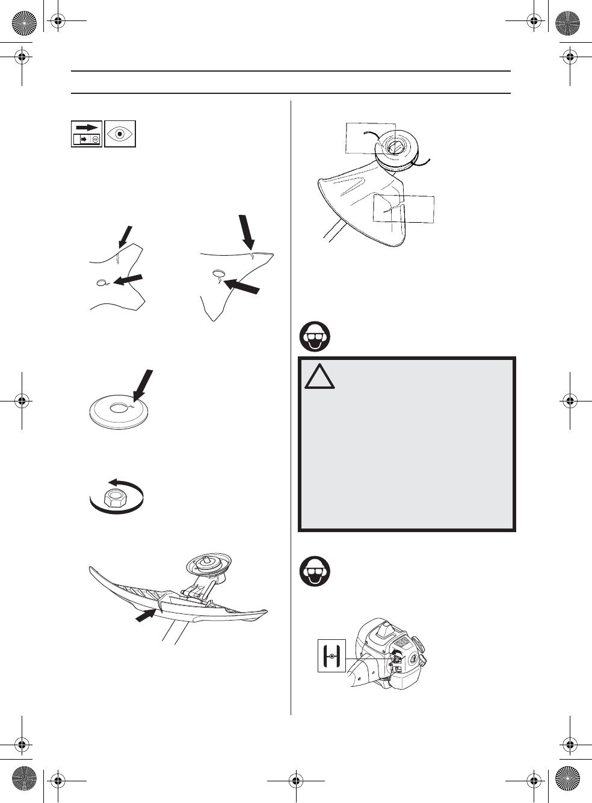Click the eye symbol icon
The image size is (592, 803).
pyautogui.click(x=120, y=134)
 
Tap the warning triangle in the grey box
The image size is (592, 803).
pyautogui.click(x=319, y=377)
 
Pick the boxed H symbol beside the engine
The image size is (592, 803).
pyautogui.click(x=331, y=656)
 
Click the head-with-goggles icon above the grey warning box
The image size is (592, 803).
pyautogui.click(x=314, y=338)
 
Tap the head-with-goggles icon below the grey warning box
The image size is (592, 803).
pyautogui.click(x=314, y=572)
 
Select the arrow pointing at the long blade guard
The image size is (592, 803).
pyautogui.click(x=146, y=616)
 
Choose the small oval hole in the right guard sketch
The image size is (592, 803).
pyautogui.click(x=217, y=273)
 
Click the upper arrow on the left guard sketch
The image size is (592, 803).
pyautogui.click(x=125, y=237)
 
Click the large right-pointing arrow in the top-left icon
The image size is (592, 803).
pyautogui.click(x=87, y=128)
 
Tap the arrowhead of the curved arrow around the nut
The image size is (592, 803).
pyautogui.click(x=111, y=482)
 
